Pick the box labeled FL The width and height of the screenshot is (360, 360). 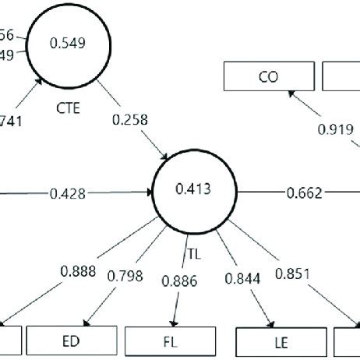(x=170, y=340)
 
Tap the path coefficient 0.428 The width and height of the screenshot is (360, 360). (x=67, y=191)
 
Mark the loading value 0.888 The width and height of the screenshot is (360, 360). (x=77, y=272)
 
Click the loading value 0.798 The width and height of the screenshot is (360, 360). (x=125, y=275)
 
